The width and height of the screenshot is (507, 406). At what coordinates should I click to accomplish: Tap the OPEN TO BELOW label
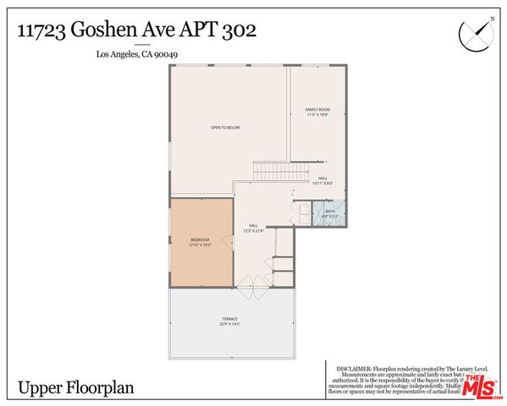point(226,128)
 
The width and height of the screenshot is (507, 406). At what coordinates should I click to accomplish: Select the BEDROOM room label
point(200,240)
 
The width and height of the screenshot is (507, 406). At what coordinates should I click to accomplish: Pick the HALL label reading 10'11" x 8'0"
point(323,181)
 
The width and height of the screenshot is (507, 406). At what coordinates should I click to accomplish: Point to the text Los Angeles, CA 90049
point(135,56)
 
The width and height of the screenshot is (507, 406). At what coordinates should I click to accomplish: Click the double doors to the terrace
point(252,285)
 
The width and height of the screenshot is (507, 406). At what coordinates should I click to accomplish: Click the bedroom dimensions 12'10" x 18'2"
point(200,245)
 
